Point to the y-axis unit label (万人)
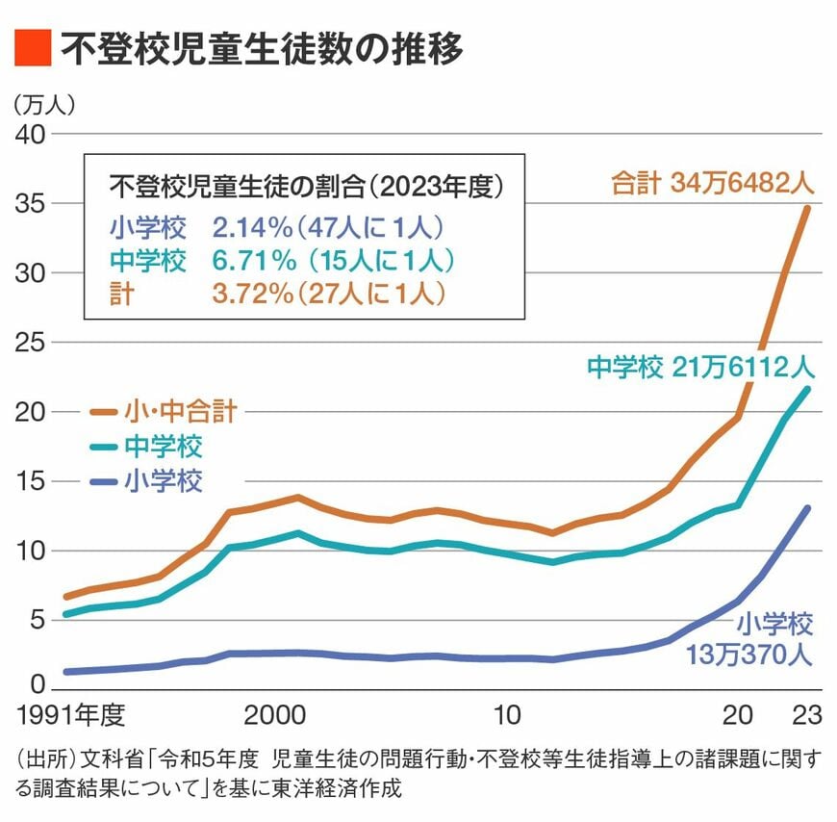[x=44, y=103]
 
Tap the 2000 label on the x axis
[x=275, y=716]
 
